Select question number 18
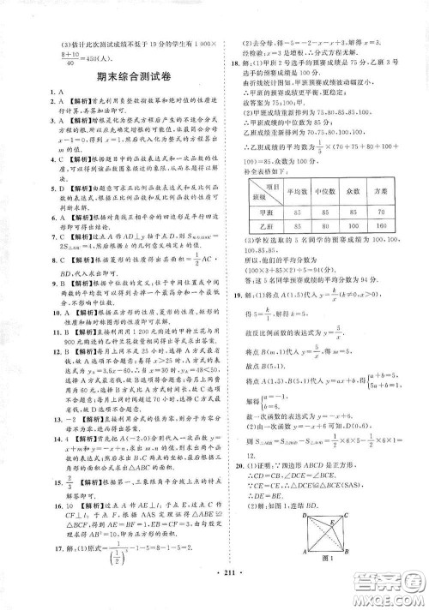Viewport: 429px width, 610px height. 227,63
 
